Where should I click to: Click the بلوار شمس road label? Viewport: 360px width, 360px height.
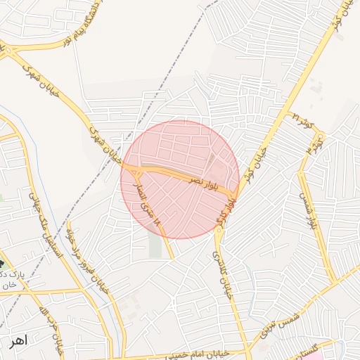309,211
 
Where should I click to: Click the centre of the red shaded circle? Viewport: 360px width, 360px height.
180,179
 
